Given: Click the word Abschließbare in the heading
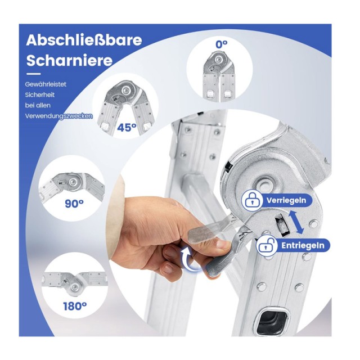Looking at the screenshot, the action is tap(84, 40).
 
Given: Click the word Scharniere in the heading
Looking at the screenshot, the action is tap(69, 60).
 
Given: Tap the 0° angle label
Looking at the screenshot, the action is tap(222, 44).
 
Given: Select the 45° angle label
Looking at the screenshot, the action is tap(127, 127).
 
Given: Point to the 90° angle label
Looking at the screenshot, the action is tap(74, 204).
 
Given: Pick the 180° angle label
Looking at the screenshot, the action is tap(75, 306).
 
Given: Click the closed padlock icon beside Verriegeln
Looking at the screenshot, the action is tap(252, 200).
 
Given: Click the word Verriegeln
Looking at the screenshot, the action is tap(286, 200).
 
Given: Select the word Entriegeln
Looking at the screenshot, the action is tap(303, 246).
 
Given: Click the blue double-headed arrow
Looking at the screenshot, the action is tap(296, 222).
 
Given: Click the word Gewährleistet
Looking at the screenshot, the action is tap(46, 84).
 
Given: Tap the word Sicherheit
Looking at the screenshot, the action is tap(40, 95).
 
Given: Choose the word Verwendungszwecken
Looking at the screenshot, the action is tap(59, 116).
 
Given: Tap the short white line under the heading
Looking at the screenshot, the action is tap(33, 74).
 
